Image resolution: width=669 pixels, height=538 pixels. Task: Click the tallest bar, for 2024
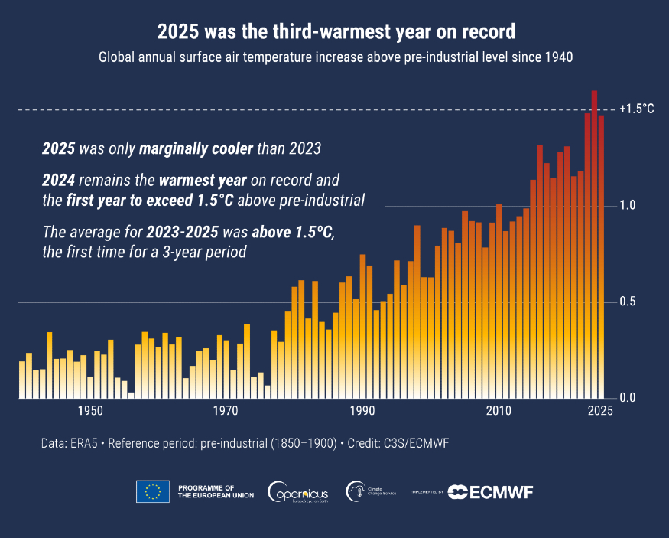coord(594,245)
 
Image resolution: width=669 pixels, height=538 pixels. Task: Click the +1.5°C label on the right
coord(636,109)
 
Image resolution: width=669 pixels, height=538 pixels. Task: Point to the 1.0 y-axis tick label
coord(628,206)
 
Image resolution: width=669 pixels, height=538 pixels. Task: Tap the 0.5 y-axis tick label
coord(628,302)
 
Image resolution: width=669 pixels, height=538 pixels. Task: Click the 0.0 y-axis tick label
coord(628,398)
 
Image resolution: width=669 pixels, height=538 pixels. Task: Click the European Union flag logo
coord(153,491)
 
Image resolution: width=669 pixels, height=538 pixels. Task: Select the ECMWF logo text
coord(490,491)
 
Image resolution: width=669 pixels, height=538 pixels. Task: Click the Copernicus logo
coord(298,491)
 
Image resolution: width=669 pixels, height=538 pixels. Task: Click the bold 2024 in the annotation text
coord(58,181)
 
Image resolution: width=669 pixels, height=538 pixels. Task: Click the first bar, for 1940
coord(22,380)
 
